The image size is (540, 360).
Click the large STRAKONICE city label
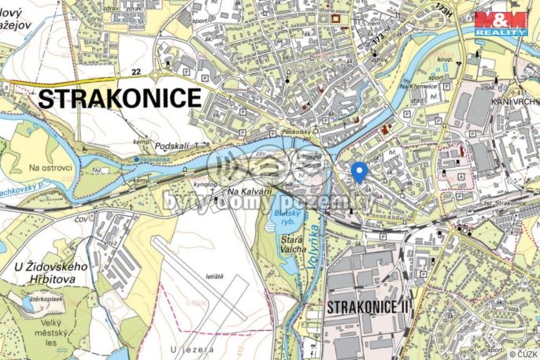[x=120, y=98]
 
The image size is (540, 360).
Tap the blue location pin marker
[x=358, y=172]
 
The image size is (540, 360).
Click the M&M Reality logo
[x=501, y=23]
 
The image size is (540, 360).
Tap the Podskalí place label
[x=174, y=147]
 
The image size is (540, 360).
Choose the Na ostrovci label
[x=50, y=168]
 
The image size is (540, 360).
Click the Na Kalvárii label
[x=244, y=191]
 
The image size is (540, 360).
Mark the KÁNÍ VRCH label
[x=513, y=102]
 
